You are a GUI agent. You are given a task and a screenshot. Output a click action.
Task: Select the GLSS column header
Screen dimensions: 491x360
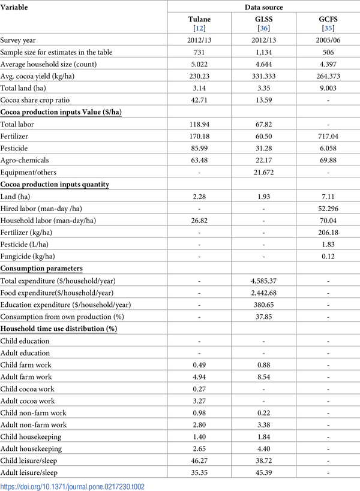(263, 19)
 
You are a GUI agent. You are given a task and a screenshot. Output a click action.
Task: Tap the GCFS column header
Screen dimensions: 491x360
(326, 19)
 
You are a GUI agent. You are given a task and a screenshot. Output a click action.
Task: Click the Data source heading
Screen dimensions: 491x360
(263, 7)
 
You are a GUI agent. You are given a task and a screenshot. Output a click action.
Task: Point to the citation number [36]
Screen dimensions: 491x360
(263, 28)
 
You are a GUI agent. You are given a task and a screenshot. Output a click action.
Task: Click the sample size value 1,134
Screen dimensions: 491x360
(263, 52)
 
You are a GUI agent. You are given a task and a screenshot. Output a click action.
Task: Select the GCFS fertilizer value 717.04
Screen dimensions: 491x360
(326, 136)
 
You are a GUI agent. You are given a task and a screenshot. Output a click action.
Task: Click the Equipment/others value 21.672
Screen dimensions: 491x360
(263, 172)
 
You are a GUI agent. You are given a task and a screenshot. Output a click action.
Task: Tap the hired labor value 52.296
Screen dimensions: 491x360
(326, 208)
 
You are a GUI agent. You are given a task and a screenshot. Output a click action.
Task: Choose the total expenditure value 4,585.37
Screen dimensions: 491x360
(263, 281)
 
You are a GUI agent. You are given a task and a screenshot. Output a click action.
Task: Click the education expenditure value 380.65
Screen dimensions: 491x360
(263, 305)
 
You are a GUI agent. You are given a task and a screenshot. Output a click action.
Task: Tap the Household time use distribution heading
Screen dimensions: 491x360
(59, 329)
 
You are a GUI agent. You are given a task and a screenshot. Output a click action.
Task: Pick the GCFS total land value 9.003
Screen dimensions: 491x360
(326, 88)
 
